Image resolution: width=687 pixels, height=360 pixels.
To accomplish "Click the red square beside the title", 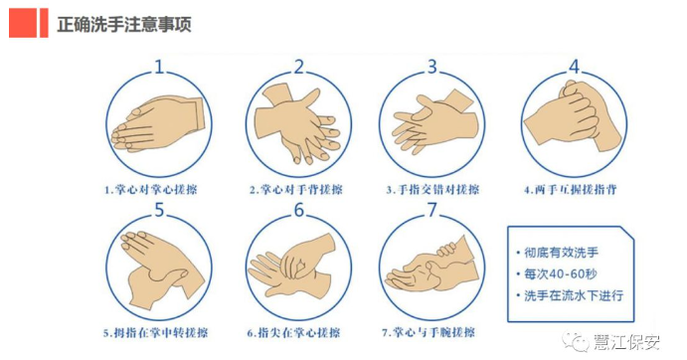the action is (x=23, y=23).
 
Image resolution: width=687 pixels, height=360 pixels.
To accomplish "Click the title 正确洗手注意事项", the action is (x=124, y=24).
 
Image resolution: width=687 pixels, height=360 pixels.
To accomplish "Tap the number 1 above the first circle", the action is (x=159, y=67).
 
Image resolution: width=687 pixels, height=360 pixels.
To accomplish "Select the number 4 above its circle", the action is (x=574, y=67).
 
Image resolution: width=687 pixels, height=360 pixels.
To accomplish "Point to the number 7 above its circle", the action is (x=432, y=210).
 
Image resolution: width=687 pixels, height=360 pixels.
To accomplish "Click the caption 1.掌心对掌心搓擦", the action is (x=151, y=190).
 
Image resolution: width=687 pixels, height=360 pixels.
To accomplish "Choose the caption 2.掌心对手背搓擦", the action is (x=296, y=190).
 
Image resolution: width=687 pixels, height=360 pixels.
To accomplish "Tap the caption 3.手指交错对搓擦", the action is (x=432, y=190).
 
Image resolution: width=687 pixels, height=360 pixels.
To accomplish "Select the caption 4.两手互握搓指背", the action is (x=571, y=190).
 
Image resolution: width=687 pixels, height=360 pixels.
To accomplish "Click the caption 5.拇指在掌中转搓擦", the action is (x=155, y=333).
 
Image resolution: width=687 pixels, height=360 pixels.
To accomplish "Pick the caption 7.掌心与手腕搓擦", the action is (x=429, y=333).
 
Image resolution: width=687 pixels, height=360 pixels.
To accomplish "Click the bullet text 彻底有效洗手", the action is (x=562, y=253).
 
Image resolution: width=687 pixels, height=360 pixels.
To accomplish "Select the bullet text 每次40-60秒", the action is (x=561, y=274).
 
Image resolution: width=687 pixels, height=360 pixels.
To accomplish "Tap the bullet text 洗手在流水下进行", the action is (x=574, y=295).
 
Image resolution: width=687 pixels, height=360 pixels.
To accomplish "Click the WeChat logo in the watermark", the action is (x=577, y=342).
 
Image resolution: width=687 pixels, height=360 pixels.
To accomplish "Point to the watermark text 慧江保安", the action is (x=626, y=342).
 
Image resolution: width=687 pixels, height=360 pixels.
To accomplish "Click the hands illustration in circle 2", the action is (x=298, y=124).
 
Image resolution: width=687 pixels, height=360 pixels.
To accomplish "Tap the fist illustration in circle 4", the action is (x=573, y=115).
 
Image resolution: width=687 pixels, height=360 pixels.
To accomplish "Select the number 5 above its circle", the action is (x=159, y=210).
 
